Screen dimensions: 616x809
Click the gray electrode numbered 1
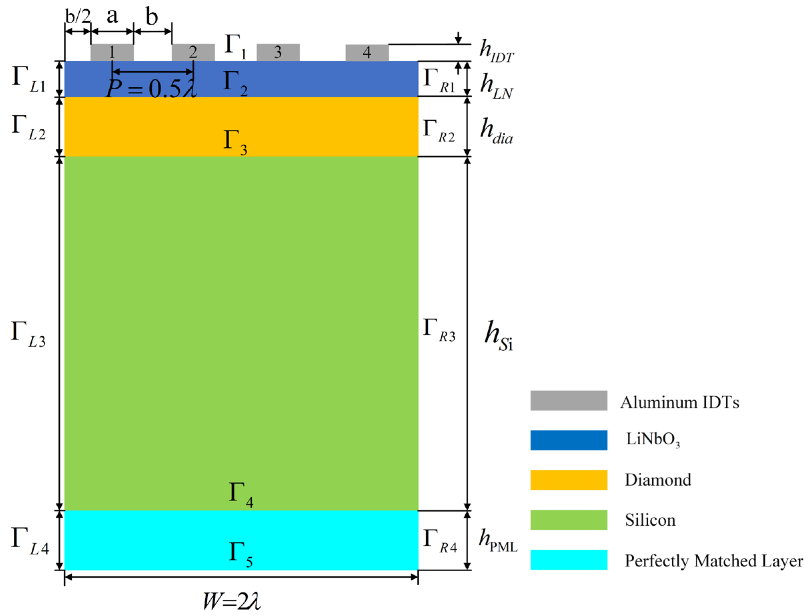pyautogui.click(x=112, y=52)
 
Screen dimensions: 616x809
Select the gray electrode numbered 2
pyautogui.click(x=193, y=52)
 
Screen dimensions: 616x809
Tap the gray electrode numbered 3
pyautogui.click(x=278, y=52)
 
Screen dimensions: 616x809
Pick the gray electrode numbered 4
pyautogui.click(x=367, y=53)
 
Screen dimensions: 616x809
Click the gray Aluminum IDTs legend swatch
pyautogui.click(x=568, y=401)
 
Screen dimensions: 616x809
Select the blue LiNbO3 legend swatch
pyautogui.click(x=568, y=440)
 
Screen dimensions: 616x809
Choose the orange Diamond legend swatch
pyautogui.click(x=568, y=480)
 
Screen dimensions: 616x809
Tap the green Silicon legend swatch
pyautogui.click(x=568, y=520)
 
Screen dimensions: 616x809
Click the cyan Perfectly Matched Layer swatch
pyautogui.click(x=568, y=560)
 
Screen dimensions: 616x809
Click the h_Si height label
pyautogui.click(x=498, y=336)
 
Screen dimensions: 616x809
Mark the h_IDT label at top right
pyautogui.click(x=496, y=51)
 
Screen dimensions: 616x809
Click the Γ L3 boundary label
pyautogui.click(x=29, y=334)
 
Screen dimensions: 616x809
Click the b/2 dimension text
pyautogui.click(x=78, y=16)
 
